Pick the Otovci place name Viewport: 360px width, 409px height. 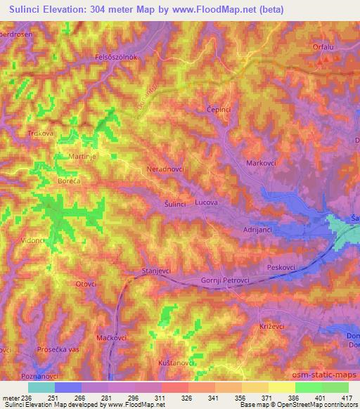click(85, 284)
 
